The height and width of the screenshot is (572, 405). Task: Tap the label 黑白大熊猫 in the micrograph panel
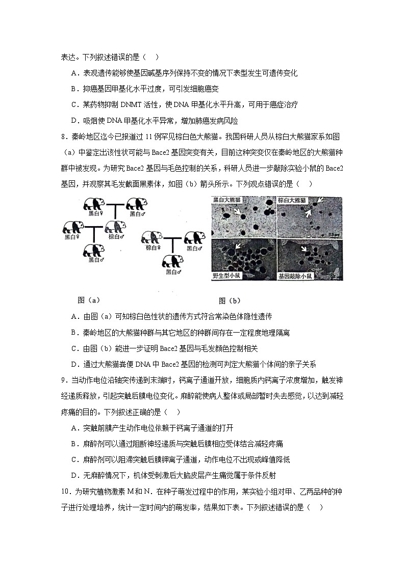[226, 200]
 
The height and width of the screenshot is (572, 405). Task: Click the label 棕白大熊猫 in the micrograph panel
[293, 200]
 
